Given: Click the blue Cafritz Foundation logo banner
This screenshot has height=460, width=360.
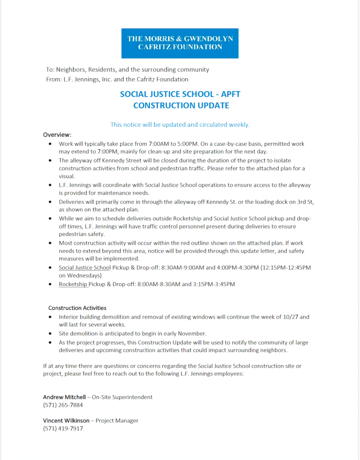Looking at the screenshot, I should click(180, 43).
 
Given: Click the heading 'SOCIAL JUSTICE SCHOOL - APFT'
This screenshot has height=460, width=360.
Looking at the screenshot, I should click(180, 94).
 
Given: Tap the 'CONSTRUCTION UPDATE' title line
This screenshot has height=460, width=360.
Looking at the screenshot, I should click(181, 106).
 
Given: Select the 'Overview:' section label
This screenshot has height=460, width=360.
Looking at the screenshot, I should click(57, 134).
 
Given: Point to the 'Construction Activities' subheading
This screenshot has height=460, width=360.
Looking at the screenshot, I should click(77, 308).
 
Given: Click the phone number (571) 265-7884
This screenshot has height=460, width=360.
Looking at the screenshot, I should click(63, 405).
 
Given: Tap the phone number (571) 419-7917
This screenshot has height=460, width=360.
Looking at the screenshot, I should click(63, 429).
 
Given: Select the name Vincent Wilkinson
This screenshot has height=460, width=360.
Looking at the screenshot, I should click(66, 420).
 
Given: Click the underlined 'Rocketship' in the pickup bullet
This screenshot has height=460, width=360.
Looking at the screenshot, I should click(73, 284).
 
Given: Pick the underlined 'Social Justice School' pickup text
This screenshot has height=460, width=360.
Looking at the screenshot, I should click(85, 268).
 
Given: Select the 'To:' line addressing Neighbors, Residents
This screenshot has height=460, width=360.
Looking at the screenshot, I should click(127, 70).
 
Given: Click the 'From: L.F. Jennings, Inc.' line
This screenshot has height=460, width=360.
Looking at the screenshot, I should click(117, 79).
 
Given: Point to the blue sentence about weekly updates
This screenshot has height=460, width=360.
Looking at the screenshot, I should click(180, 125).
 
